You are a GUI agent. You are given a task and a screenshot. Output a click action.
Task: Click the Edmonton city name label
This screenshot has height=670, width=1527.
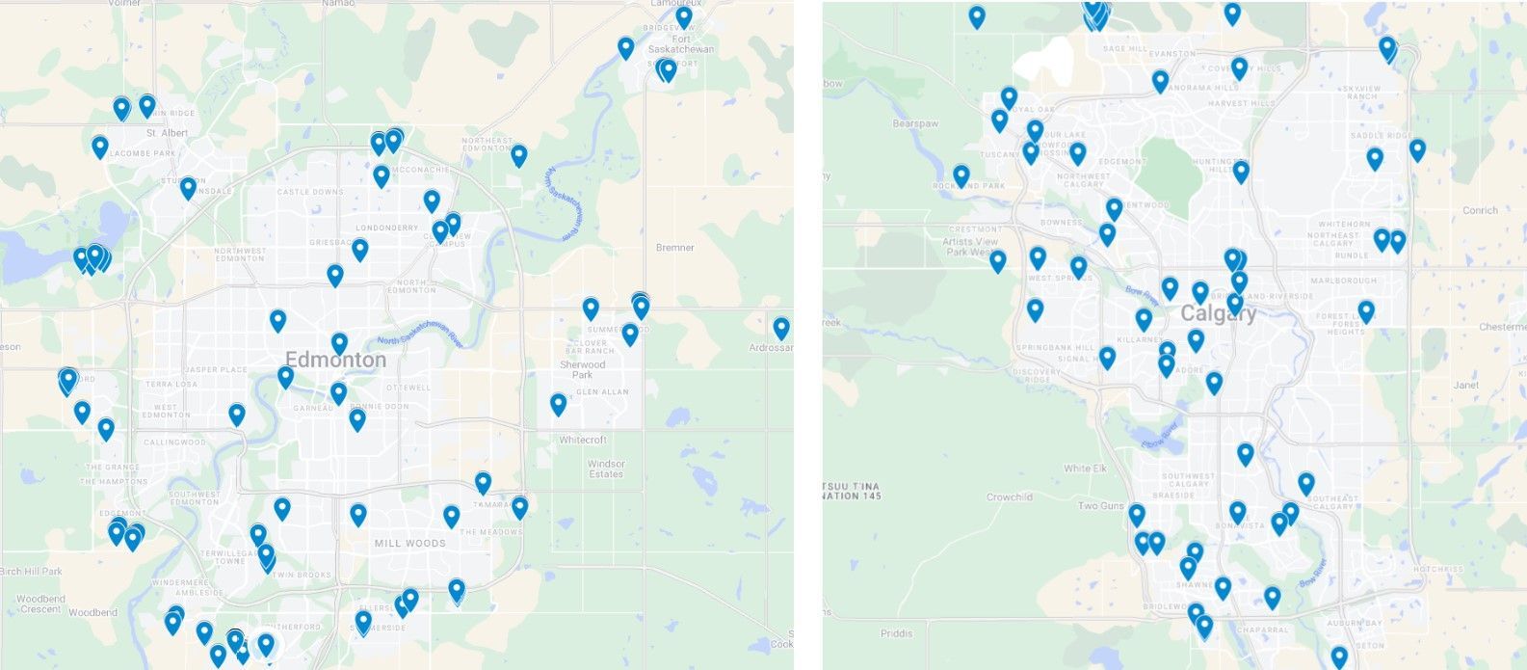click(336, 361)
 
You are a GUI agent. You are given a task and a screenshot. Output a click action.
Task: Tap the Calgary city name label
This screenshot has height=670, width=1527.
click(1218, 314)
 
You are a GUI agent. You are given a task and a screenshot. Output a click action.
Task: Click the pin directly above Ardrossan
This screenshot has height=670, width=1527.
click(781, 328)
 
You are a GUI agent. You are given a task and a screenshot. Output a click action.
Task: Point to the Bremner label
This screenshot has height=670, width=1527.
click(674, 248)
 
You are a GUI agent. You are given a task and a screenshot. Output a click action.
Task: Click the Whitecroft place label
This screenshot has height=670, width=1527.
click(583, 440)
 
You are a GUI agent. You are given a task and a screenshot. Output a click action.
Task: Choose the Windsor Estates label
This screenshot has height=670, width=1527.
click(606, 469)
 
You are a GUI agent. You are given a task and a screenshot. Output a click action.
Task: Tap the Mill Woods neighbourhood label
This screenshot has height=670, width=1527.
click(409, 544)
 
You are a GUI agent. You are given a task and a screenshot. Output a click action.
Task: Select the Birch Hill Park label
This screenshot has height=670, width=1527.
click(31, 572)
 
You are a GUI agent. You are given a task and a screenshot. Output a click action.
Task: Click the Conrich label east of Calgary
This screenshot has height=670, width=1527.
click(1480, 210)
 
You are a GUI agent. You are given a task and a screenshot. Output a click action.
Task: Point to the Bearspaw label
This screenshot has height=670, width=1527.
click(914, 124)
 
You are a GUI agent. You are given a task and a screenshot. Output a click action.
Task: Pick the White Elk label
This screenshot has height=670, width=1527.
click(1084, 469)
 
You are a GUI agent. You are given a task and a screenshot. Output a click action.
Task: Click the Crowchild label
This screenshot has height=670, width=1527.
click(1009, 497)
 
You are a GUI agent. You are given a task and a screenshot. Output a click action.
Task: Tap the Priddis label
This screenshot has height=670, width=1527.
click(896, 633)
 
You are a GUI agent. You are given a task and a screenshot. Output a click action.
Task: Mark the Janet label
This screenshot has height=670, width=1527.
click(1465, 386)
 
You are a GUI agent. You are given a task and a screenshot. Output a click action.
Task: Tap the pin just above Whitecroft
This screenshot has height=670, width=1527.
click(559, 404)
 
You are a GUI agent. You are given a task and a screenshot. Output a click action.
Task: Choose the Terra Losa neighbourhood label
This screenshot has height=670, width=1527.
click(171, 384)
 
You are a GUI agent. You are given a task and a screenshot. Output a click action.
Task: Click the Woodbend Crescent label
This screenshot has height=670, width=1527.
click(40, 604)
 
